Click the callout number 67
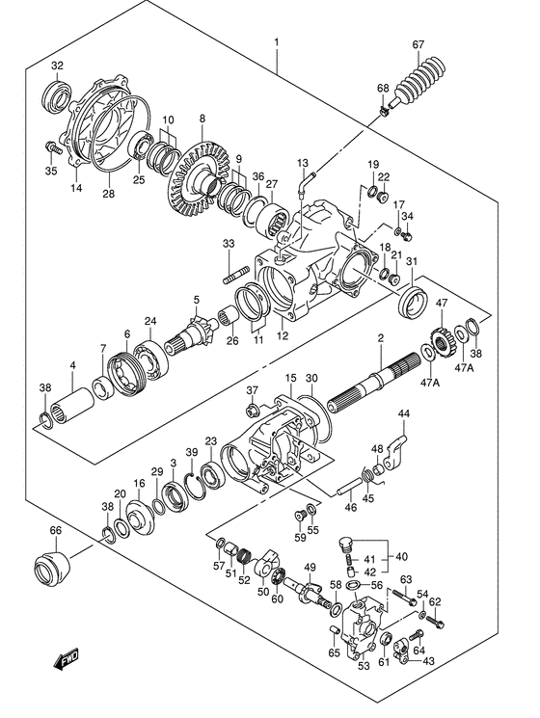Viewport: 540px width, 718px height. (418, 44)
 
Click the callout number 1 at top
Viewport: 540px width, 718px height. (276, 42)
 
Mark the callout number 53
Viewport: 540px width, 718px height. (364, 666)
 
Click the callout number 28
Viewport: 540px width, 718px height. (108, 195)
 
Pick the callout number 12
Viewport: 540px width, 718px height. (283, 336)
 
